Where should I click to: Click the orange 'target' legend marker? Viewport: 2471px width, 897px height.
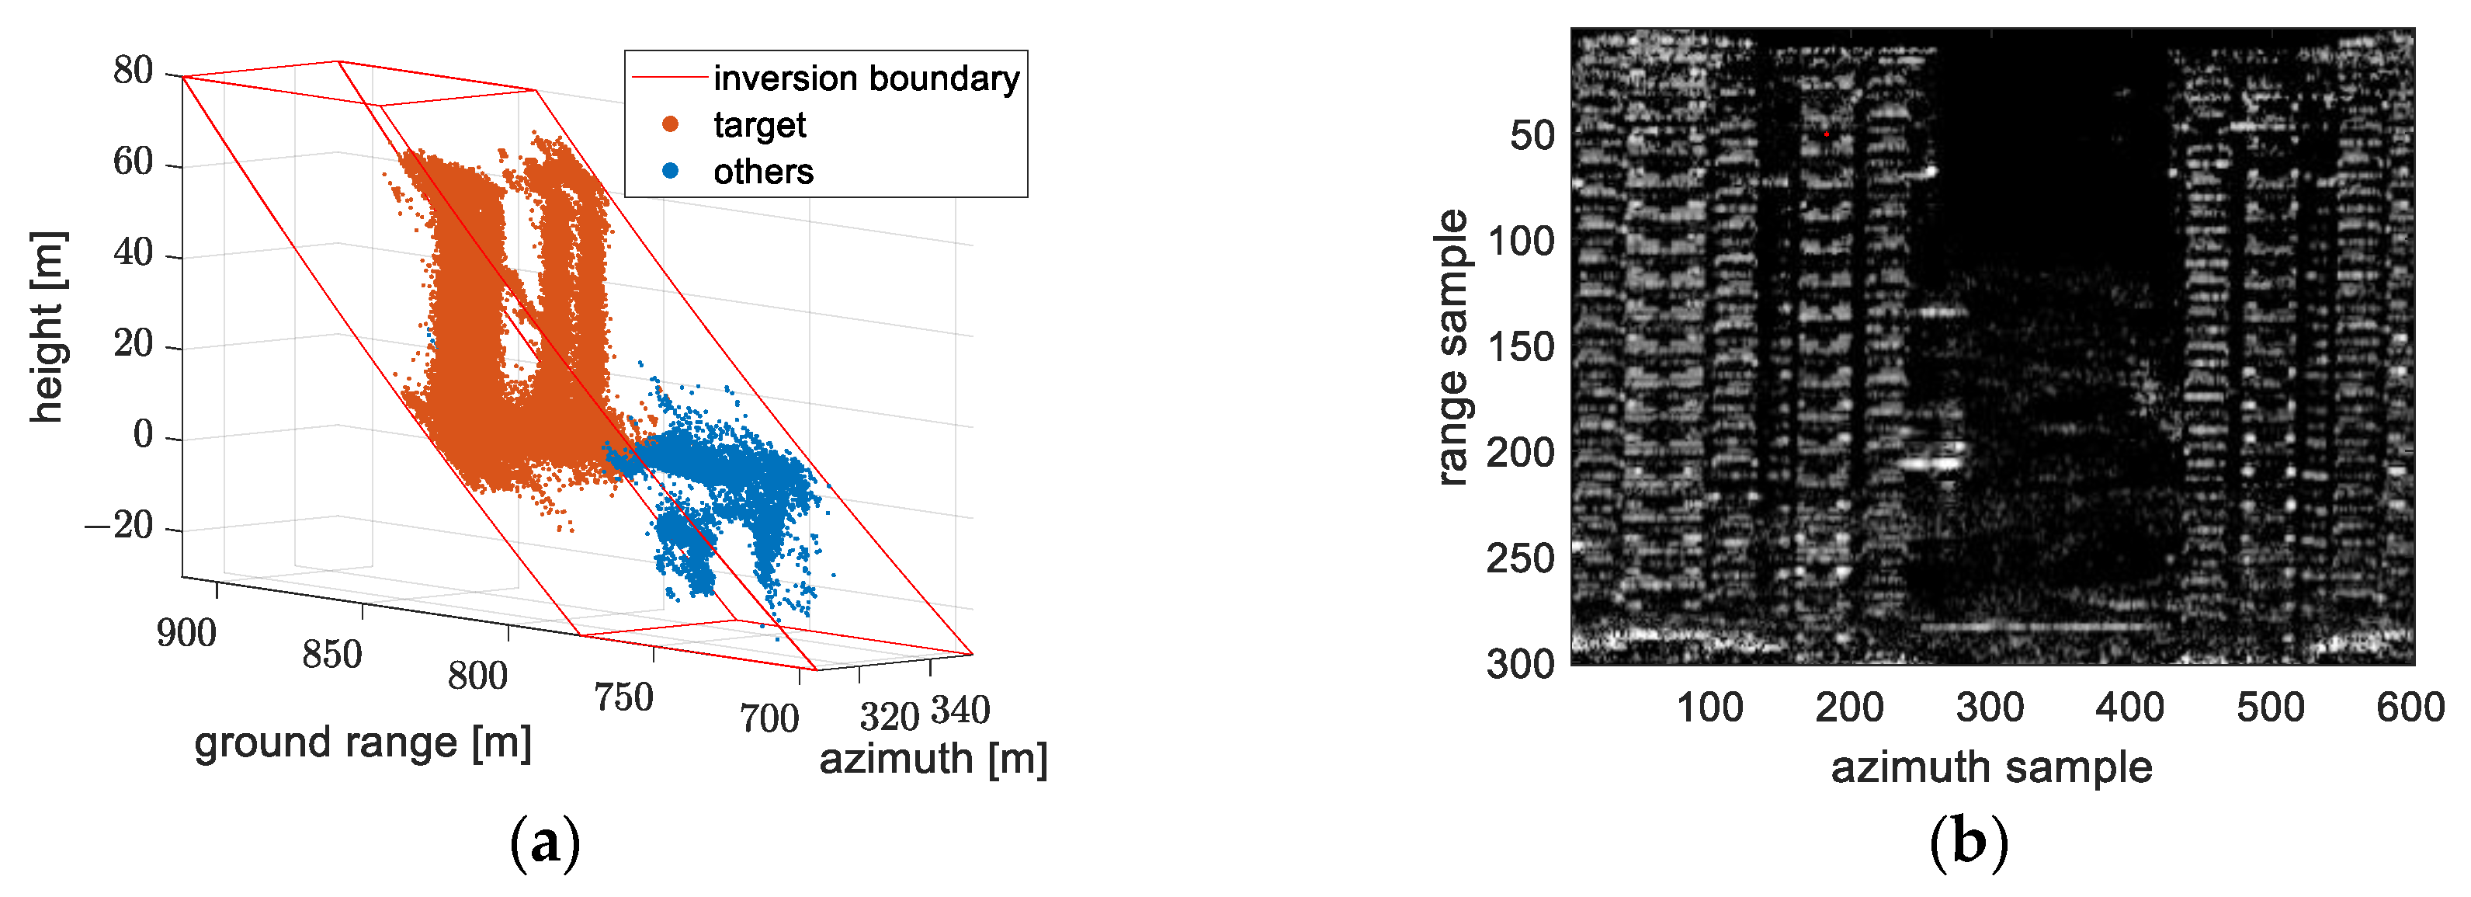671,123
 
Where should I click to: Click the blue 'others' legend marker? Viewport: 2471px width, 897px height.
671,171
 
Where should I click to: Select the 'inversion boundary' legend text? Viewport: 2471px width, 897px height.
866,78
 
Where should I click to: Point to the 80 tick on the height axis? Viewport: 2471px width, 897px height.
134,70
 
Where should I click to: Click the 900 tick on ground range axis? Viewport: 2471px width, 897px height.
186,633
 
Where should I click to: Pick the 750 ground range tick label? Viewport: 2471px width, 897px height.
623,697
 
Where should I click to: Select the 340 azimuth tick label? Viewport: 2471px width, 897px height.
960,711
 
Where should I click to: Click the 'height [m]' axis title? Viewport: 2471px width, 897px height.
47,327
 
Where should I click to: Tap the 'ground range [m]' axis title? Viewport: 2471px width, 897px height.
363,743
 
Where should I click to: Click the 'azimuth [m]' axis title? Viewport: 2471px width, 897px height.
932,759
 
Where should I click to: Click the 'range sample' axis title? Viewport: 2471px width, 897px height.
1452,346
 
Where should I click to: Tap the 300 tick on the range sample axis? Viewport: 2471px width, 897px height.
1520,664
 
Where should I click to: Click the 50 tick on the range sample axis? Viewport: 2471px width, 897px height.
1532,135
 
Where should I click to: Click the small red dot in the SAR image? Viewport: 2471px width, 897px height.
1827,134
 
